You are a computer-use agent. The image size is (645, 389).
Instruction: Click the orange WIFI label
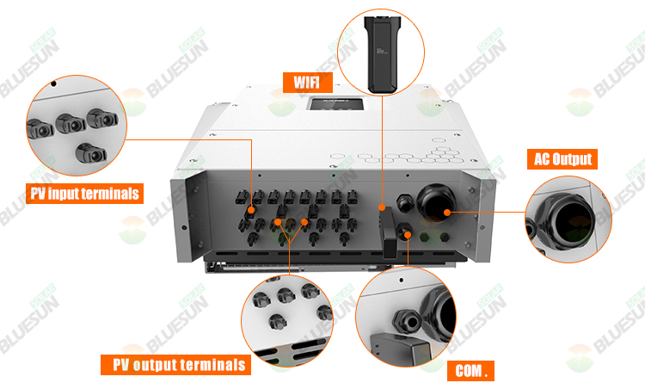(308, 83)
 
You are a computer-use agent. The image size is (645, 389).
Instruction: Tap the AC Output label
(562, 159)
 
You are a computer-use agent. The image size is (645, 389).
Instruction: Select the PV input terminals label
(85, 194)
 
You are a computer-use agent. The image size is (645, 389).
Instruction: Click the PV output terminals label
(176, 365)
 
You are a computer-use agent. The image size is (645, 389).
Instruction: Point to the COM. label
(470, 371)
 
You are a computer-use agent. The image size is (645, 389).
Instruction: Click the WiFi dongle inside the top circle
(381, 54)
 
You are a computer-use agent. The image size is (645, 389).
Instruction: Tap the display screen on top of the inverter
(336, 103)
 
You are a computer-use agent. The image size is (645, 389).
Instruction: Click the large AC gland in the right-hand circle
(566, 221)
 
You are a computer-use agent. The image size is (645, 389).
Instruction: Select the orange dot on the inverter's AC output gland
(447, 213)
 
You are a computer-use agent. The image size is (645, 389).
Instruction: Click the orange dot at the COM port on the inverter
(408, 235)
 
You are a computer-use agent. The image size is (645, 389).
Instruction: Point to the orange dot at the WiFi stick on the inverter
(382, 207)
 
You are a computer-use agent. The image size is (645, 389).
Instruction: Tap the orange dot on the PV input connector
(250, 210)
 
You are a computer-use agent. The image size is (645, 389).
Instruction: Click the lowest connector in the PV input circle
(91, 153)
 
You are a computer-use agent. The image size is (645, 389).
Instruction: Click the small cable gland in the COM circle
(408, 320)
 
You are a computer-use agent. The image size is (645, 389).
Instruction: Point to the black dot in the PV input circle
(53, 84)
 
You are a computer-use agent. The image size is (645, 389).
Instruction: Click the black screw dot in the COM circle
(401, 281)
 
